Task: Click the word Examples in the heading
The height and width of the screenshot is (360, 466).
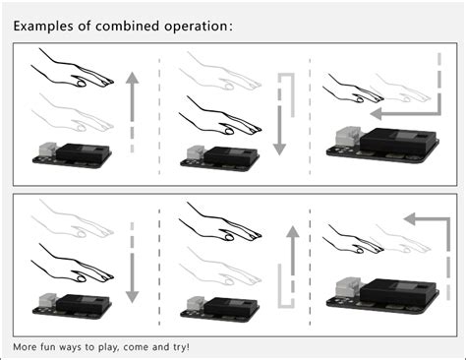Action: tap(43, 26)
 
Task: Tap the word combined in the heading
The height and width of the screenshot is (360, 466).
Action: tap(128, 26)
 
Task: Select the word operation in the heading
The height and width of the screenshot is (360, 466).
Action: tap(196, 27)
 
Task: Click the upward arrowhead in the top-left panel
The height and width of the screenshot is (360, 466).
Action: tap(132, 78)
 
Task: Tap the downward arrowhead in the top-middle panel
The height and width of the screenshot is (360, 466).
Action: tap(279, 150)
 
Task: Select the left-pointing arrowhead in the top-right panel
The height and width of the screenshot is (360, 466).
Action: tap(376, 114)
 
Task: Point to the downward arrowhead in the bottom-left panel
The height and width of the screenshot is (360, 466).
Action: tap(132, 297)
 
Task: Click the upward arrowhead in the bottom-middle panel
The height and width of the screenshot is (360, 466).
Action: tap(293, 231)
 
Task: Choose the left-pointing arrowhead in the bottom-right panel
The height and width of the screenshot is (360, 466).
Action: tap(410, 218)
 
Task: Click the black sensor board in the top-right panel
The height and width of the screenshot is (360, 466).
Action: tap(383, 146)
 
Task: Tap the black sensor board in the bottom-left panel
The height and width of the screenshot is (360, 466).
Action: tap(72, 307)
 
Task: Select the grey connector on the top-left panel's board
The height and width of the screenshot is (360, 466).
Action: tap(47, 150)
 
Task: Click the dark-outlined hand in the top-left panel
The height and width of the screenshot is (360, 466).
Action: tap(72, 69)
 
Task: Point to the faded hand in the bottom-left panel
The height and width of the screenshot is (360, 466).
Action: tap(72, 219)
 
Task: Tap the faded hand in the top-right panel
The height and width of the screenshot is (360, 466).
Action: tap(402, 88)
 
